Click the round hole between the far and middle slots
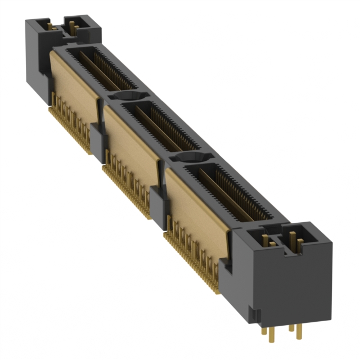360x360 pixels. pos(127,96)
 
